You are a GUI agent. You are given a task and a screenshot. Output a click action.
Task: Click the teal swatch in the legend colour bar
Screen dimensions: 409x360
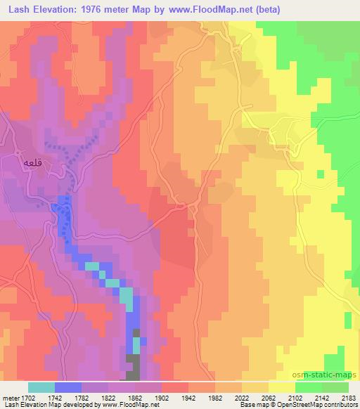[x=41, y=387]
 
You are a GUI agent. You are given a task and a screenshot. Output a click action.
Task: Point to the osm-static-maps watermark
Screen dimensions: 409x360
[x=326, y=376]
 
